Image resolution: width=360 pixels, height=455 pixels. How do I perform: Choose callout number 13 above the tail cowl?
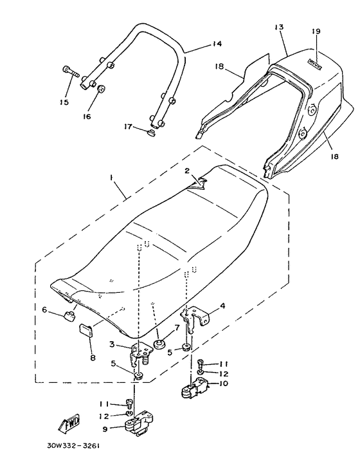pyautogui.click(x=278, y=28)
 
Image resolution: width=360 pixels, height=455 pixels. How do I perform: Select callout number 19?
pyautogui.click(x=316, y=31)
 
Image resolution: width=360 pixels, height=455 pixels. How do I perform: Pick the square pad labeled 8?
pyautogui.click(x=85, y=331)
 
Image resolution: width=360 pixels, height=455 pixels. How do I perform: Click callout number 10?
pyautogui.click(x=224, y=384)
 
